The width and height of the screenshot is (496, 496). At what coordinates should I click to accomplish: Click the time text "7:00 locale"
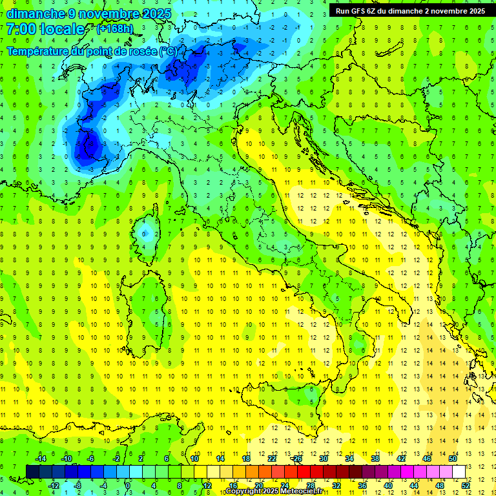click(45, 29)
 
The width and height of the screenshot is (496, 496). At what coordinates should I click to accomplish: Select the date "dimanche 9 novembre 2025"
click(88, 14)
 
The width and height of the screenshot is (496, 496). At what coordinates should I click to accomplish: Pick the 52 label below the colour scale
click(466, 486)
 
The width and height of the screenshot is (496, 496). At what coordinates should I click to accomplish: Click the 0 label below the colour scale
click(128, 486)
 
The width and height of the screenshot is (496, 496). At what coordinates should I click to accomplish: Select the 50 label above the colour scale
click(453, 459)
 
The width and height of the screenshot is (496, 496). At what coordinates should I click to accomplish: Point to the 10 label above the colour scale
click(194, 459)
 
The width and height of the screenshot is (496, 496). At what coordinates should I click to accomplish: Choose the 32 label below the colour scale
click(336, 486)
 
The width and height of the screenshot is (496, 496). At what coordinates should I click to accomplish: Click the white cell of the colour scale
click(459, 472)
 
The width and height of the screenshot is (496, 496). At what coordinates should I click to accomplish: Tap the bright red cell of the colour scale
click(304, 472)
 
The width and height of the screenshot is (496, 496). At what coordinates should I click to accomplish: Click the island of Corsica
click(150, 232)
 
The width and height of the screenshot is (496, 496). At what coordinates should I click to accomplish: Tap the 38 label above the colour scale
click(375, 459)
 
